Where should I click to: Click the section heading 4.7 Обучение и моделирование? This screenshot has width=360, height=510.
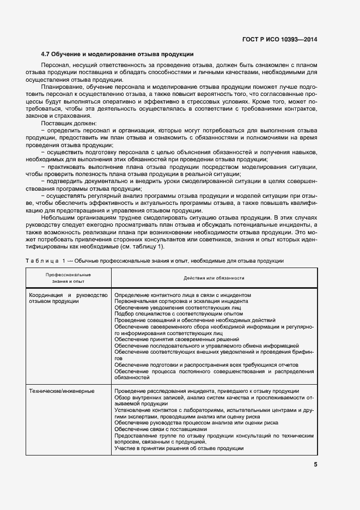(x=118, y=54)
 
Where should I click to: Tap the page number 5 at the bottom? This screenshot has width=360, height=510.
(x=315, y=465)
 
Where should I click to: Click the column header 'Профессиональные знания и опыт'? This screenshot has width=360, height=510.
(x=68, y=277)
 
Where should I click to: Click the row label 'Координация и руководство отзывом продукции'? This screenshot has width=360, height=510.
(x=69, y=298)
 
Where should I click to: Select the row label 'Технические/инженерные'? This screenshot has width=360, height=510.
(x=62, y=391)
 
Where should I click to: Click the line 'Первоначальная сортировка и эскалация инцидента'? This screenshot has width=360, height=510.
(x=181, y=301)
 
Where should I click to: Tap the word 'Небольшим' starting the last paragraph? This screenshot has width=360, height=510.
(x=58, y=216)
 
